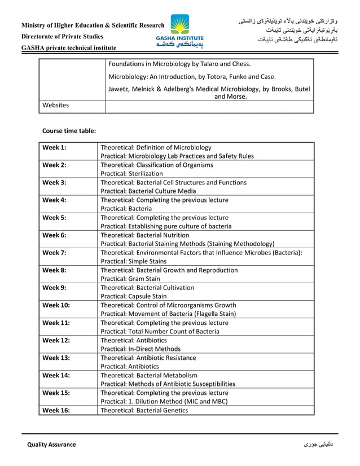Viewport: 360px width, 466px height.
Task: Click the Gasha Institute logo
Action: coord(180,32)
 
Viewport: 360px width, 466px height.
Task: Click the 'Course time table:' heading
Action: coord(69,130)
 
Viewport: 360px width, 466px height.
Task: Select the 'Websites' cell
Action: coord(56,105)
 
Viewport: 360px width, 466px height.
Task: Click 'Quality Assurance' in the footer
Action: coord(52,445)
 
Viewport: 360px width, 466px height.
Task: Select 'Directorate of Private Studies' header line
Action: coord(63,37)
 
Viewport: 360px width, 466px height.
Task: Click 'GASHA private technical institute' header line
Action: coord(69,48)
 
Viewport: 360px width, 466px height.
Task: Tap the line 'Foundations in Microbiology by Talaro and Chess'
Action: coord(179,64)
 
